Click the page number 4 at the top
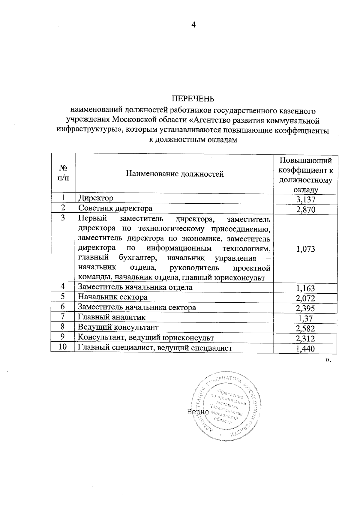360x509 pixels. (x=193, y=25)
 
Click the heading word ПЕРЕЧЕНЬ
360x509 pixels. (x=193, y=99)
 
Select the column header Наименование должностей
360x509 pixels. (x=175, y=174)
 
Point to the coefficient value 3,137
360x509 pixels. (x=306, y=199)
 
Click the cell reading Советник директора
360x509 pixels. (x=115, y=208)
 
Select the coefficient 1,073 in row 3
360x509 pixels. (x=306, y=249)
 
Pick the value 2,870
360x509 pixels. (x=306, y=209)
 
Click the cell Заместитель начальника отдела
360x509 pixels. (x=135, y=287)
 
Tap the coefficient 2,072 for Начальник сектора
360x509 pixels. (x=306, y=298)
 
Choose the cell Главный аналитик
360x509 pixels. (x=112, y=317)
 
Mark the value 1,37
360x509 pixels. (x=306, y=318)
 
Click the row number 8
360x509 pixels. (x=62, y=327)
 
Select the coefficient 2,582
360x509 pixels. (x=306, y=328)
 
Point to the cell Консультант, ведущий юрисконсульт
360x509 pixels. (x=146, y=338)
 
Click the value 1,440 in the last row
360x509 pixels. (x=306, y=349)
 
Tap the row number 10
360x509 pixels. (x=62, y=347)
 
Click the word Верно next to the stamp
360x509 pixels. (x=198, y=412)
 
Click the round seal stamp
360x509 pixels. (x=226, y=408)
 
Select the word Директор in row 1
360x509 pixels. (x=96, y=198)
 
